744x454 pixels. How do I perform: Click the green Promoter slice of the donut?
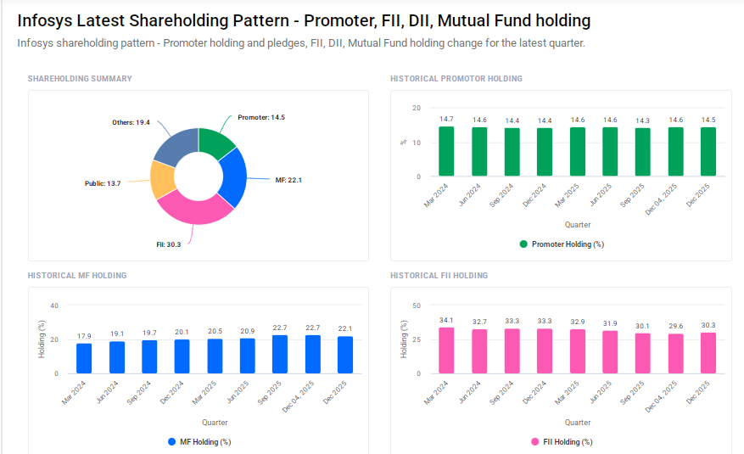click(x=216, y=142)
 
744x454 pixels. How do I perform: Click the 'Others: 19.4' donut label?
click(x=131, y=123)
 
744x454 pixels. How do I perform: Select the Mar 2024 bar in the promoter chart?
click(x=446, y=152)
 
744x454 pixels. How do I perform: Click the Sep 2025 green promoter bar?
click(x=642, y=153)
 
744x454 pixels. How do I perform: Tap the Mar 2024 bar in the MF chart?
click(x=84, y=358)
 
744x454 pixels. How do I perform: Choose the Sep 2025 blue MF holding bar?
click(x=280, y=354)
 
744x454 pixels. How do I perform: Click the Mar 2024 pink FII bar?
click(x=446, y=350)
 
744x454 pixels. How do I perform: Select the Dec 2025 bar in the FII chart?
click(x=708, y=353)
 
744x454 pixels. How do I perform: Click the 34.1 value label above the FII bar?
click(x=446, y=320)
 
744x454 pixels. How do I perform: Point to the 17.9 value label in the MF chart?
click(x=84, y=336)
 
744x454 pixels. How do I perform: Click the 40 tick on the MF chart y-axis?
click(x=53, y=305)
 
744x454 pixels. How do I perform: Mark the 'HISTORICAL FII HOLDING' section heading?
click(x=439, y=276)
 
